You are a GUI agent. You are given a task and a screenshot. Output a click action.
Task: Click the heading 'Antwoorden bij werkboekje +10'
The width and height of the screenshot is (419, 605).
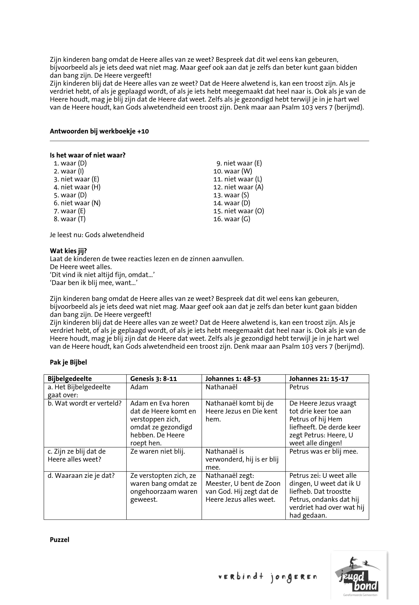99,131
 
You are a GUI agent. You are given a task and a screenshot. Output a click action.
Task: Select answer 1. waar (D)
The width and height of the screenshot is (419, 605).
70,163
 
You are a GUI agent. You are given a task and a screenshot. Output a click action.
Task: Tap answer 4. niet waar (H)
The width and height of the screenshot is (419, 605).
77,187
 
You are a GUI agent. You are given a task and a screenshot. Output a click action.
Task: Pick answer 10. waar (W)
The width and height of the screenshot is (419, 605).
233,171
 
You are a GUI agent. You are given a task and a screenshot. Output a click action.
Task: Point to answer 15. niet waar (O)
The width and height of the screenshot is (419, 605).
239,211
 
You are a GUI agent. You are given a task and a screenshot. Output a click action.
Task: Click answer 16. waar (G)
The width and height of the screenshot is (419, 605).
232,219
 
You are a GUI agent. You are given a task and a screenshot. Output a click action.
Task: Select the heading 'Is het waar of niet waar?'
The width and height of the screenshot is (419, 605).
88,155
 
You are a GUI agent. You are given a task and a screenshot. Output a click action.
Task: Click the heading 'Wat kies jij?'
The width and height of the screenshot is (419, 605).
68,251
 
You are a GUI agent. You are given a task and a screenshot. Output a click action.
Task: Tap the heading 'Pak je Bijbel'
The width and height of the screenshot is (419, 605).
68,362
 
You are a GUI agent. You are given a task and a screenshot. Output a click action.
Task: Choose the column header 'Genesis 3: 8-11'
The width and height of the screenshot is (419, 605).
154,379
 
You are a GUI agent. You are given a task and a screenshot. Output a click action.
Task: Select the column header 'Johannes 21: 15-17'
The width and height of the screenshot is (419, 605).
319,379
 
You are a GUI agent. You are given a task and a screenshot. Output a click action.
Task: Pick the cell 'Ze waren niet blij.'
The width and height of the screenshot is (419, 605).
158,451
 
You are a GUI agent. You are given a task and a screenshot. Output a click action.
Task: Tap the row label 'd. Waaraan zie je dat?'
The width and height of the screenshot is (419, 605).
81,476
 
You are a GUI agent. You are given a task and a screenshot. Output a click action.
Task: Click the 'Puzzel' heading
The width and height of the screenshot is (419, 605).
60,540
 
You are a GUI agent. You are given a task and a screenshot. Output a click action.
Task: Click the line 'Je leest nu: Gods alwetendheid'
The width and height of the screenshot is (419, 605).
97,235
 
